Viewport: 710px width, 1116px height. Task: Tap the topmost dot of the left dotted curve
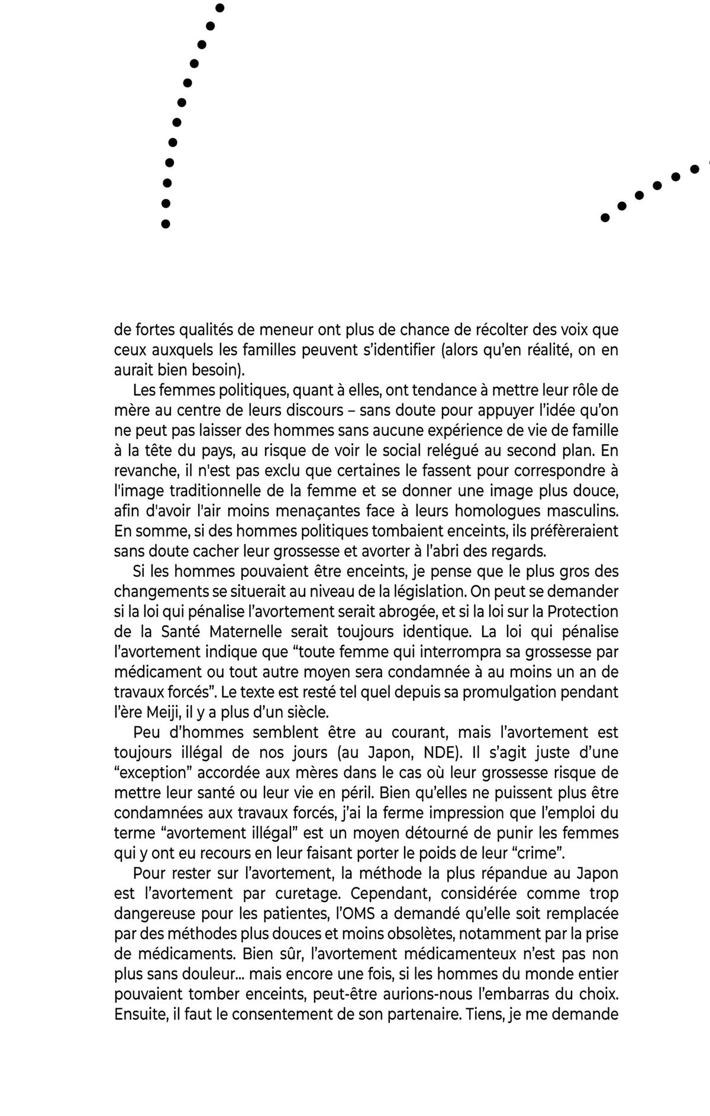tap(220, 8)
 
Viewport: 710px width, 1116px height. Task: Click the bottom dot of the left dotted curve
tap(166, 224)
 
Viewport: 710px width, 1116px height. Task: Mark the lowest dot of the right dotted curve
tap(605, 217)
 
